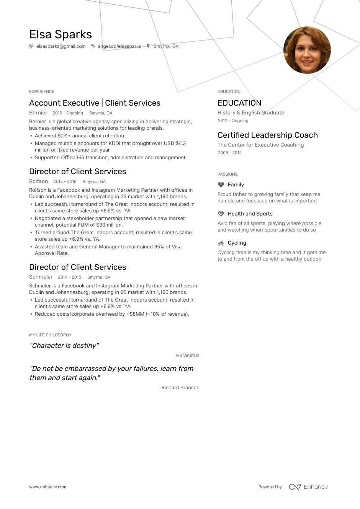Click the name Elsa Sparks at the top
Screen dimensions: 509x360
pyautogui.click(x=61, y=34)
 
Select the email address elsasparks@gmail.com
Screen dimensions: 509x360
pyautogui.click(x=61, y=46)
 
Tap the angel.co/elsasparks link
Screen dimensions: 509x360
pyautogui.click(x=119, y=46)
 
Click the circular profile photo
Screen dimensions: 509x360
pyautogui.click(x=307, y=50)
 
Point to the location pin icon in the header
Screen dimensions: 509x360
pyautogui.click(x=148, y=46)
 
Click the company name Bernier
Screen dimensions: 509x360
pyautogui.click(x=38, y=113)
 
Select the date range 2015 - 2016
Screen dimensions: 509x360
pyautogui.click(x=65, y=182)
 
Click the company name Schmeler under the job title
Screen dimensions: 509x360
pyautogui.click(x=41, y=277)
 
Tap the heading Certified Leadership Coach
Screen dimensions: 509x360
pyautogui.click(x=267, y=135)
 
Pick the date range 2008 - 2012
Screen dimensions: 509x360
pyautogui.click(x=229, y=153)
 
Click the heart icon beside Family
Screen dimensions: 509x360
pyautogui.click(x=221, y=185)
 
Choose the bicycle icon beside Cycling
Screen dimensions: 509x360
pyautogui.click(x=221, y=243)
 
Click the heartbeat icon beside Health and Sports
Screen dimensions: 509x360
pyautogui.click(x=221, y=214)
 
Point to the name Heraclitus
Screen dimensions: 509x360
pyautogui.click(x=188, y=356)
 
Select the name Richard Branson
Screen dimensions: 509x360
pyautogui.click(x=180, y=388)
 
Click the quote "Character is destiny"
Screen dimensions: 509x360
pyautogui.click(x=64, y=346)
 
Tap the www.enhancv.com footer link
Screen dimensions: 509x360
pyautogui.click(x=47, y=487)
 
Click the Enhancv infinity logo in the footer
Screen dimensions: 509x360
pyautogui.click(x=295, y=487)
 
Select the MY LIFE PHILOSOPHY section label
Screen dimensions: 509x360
pyautogui.click(x=50, y=335)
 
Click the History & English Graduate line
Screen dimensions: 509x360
pyautogui.click(x=250, y=113)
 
